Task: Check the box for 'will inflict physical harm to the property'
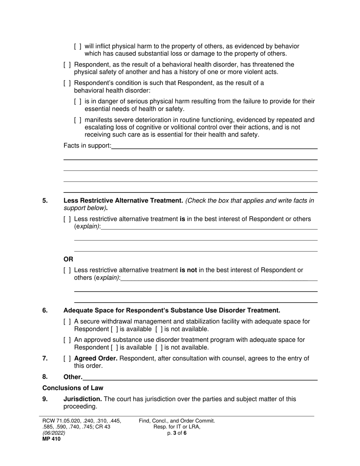78,47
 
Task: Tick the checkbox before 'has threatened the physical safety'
67,65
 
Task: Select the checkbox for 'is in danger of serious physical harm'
78,102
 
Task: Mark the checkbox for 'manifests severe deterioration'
78,120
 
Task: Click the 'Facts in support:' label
87,146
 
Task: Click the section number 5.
45,201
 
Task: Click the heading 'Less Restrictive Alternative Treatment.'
123,201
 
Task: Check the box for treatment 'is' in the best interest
67,219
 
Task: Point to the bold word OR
68,260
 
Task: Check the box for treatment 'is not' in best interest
67,271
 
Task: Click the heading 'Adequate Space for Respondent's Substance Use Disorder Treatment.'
172,311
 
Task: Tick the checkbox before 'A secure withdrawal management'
67,322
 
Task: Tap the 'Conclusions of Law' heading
72,388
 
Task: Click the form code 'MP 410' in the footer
51,439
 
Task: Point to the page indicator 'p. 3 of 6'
177,433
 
